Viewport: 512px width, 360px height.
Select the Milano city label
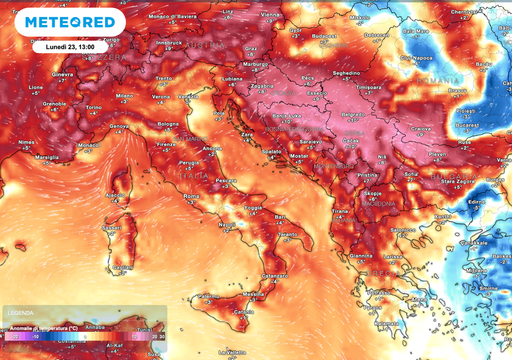point(124,95)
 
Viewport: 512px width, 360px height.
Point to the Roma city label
point(192,195)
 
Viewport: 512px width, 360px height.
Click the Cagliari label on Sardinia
point(124,267)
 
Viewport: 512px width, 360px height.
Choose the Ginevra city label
point(64,74)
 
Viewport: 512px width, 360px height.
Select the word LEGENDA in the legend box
point(20,309)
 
